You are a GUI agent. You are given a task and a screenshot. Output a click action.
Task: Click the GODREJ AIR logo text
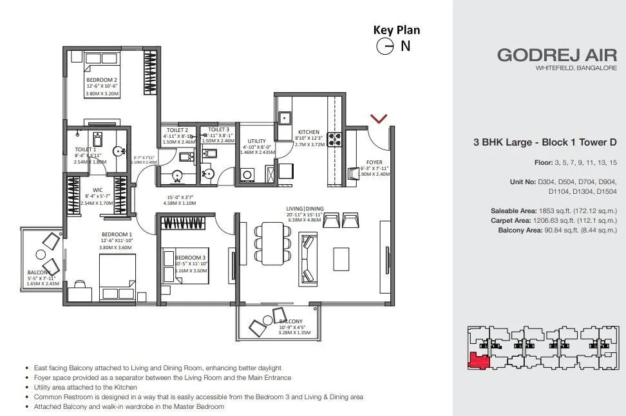[x=556, y=55]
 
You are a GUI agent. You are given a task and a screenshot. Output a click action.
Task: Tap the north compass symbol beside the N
[x=385, y=46]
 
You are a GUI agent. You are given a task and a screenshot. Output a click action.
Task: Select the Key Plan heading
[x=396, y=30]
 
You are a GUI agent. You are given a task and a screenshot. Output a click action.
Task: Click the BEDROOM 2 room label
[x=101, y=80]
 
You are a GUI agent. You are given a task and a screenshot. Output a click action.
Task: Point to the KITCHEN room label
[x=308, y=132]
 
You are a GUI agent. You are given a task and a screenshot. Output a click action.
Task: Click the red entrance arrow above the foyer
[x=379, y=118]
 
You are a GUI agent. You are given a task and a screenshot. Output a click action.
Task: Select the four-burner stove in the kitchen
[x=335, y=139]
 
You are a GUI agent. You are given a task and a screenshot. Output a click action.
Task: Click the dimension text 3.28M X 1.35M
[x=296, y=333]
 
